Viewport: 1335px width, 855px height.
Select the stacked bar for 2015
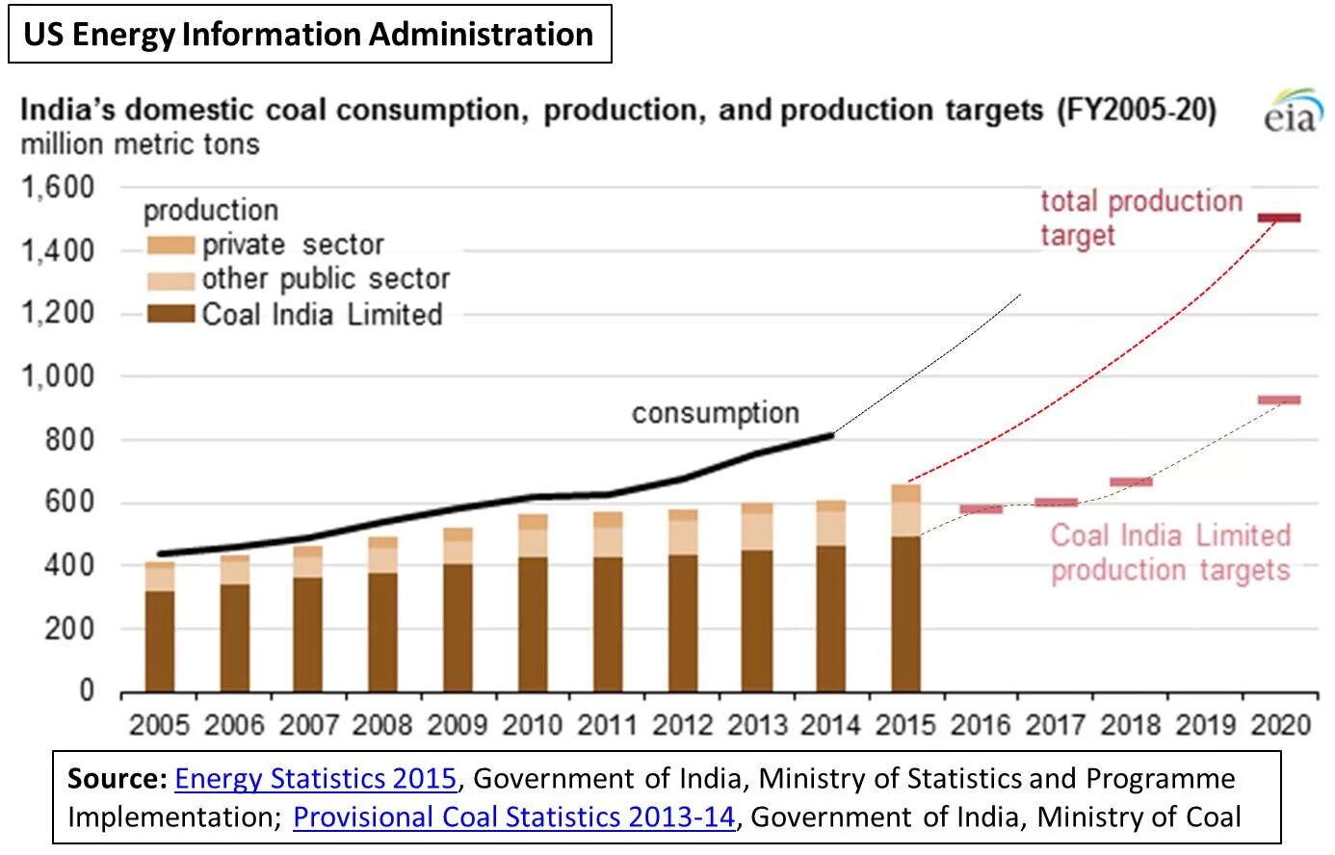pyautogui.click(x=905, y=587)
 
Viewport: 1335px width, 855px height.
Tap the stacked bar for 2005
pyautogui.click(x=160, y=626)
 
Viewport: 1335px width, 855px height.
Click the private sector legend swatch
pyautogui.click(x=170, y=246)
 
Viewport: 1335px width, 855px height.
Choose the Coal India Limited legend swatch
pyautogui.click(x=170, y=314)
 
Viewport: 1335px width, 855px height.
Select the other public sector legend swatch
pyautogui.click(x=170, y=280)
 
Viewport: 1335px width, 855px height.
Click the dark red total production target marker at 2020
pyautogui.click(x=1279, y=218)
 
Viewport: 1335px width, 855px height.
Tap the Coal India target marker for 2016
pyautogui.click(x=981, y=508)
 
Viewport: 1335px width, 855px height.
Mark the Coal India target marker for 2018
pyautogui.click(x=1131, y=481)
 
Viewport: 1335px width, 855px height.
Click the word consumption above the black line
pyautogui.click(x=715, y=413)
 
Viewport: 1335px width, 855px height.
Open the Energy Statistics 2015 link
pyautogui.click(x=315, y=778)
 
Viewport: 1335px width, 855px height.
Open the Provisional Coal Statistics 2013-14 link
pyautogui.click(x=513, y=817)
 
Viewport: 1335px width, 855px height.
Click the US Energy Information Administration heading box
pyautogui.click(x=309, y=35)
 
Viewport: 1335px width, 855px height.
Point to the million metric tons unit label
pyautogui.click(x=140, y=144)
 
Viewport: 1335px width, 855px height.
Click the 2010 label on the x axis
pyautogui.click(x=533, y=724)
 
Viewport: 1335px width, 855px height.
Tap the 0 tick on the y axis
pyautogui.click(x=87, y=690)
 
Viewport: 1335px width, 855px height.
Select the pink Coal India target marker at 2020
pyautogui.click(x=1279, y=400)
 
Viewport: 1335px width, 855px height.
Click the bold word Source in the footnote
pyautogui.click(x=118, y=778)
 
